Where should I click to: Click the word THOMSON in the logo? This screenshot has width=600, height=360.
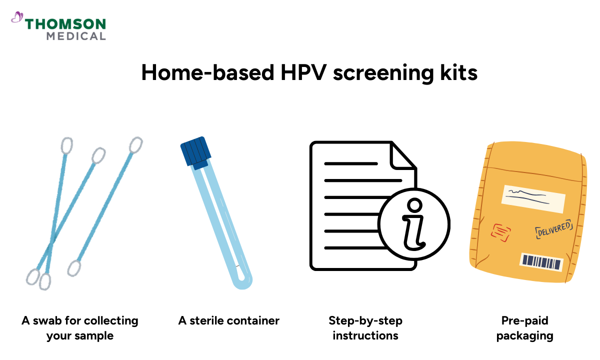pyautogui.click(x=65, y=24)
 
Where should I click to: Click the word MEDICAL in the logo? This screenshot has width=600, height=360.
pyautogui.click(x=76, y=36)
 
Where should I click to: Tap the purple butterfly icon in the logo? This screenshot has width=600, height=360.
pyautogui.click(x=17, y=18)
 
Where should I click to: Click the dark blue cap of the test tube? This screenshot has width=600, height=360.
pyautogui.click(x=194, y=151)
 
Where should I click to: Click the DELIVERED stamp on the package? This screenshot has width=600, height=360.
pyautogui.click(x=553, y=229)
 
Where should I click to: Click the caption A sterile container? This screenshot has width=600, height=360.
pyautogui.click(x=229, y=320)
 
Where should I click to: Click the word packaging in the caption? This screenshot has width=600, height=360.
pyautogui.click(x=524, y=335)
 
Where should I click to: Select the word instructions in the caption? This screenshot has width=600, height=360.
pyautogui.click(x=365, y=335)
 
